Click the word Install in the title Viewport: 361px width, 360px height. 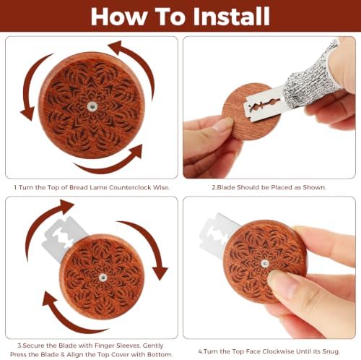coord(231,17)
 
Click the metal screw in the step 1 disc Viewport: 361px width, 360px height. coord(92,106)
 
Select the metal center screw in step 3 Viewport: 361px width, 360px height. coord(103,278)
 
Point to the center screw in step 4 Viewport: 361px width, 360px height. coord(265,263)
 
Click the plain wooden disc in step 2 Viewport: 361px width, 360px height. coord(251,113)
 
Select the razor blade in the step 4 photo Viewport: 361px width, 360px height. coord(219,231)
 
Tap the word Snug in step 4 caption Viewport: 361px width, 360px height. coord(331,352)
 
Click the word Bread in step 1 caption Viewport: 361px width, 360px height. coord(78,187)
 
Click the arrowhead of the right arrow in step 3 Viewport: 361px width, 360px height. coord(160,273)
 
